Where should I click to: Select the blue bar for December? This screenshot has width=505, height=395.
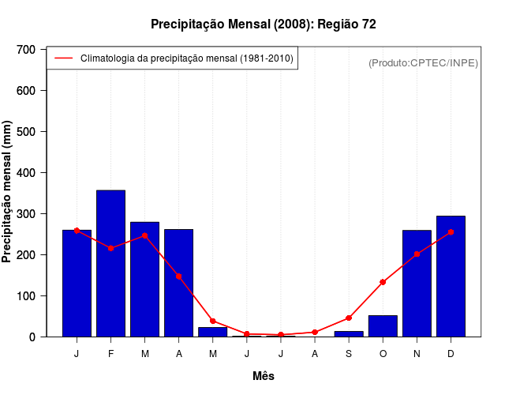[451, 276]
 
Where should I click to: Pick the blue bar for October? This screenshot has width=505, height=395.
[383, 326]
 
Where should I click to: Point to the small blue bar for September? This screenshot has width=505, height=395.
[349, 333]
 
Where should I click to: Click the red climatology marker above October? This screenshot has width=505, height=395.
[383, 282]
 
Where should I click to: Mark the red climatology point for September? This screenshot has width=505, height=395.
[349, 318]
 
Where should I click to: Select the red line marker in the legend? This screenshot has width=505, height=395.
[63, 58]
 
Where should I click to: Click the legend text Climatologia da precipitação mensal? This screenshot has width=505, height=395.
[187, 58]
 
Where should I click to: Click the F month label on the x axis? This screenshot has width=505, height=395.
[110, 354]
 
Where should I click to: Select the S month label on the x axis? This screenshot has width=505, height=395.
[349, 354]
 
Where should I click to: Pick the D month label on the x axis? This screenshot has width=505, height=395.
[451, 354]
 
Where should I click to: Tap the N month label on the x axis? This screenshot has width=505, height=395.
[417, 354]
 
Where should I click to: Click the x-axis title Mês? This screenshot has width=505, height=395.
[264, 377]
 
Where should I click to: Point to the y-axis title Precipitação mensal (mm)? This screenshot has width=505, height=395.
[8, 192]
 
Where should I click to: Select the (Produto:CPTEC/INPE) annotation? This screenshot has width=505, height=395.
[423, 62]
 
